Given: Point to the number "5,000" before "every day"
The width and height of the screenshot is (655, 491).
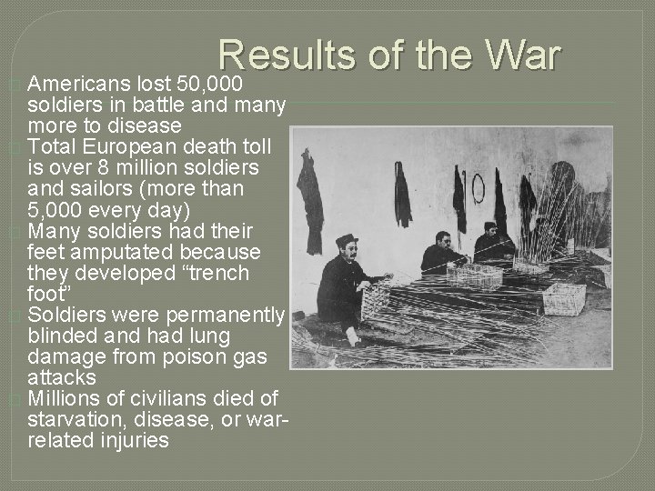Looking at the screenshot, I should click(62, 209).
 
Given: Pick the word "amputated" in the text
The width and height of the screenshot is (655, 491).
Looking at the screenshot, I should click(110, 251).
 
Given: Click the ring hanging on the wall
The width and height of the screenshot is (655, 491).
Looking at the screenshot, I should click(477, 189).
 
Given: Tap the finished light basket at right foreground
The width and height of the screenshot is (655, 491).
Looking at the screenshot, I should click(564, 299).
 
